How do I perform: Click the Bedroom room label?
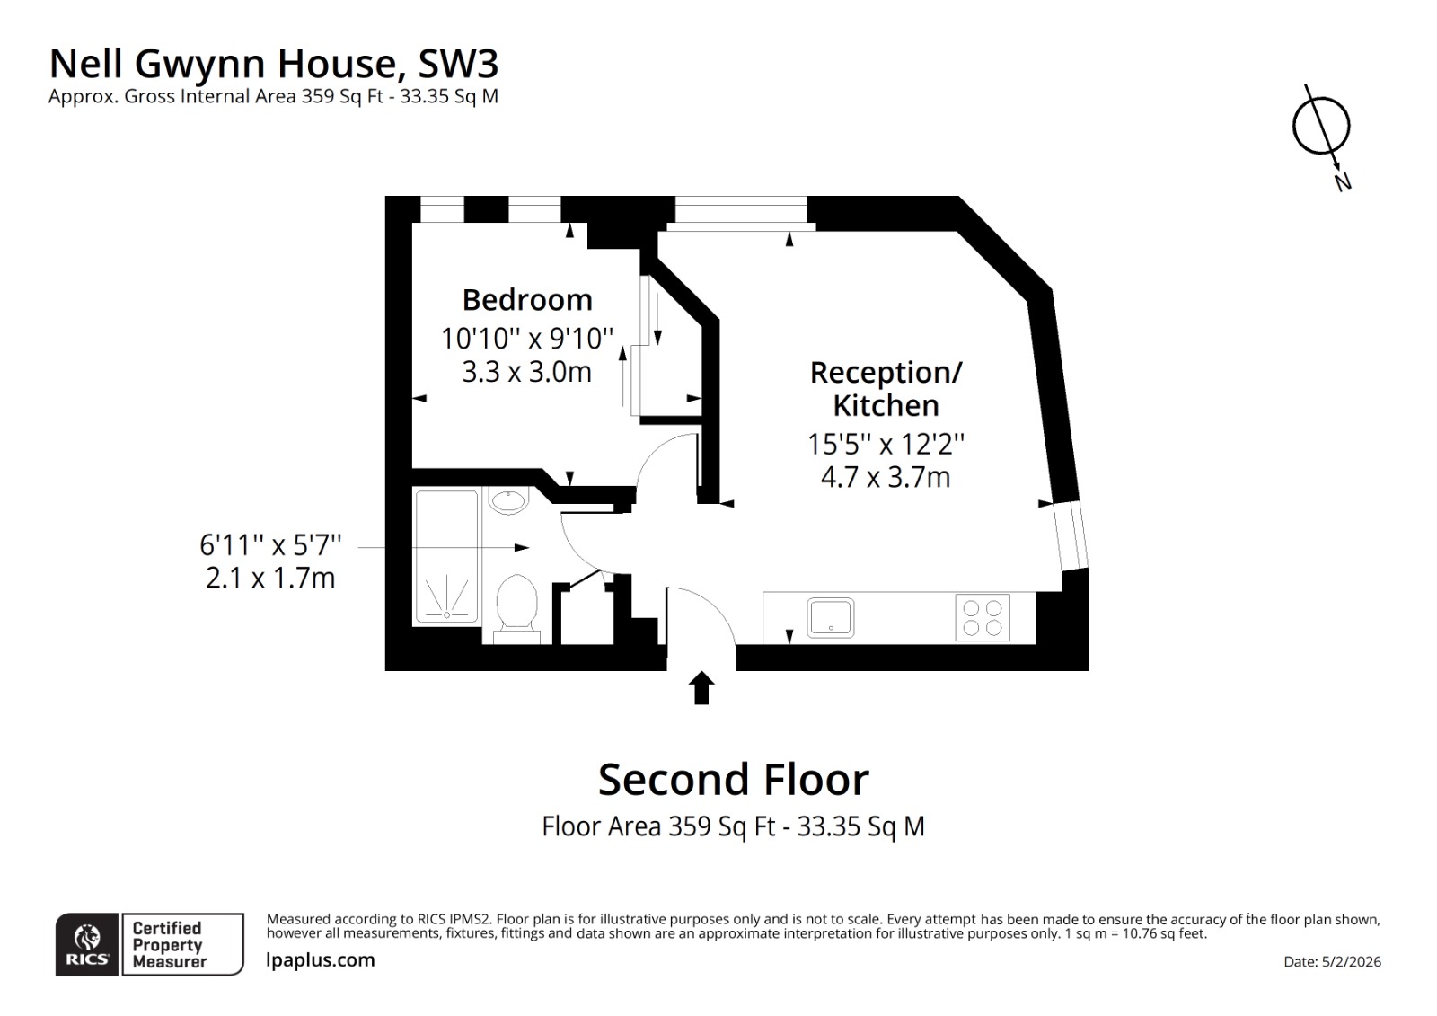click(527, 299)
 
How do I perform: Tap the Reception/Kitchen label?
click(886, 388)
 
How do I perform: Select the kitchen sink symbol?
click(831, 618)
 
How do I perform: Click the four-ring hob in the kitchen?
click(982, 617)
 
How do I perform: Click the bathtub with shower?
click(446, 556)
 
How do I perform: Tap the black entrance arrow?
click(701, 688)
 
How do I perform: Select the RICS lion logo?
click(87, 944)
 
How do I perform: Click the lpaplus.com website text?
click(321, 959)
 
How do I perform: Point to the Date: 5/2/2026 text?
click(1332, 961)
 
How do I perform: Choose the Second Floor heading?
click(733, 779)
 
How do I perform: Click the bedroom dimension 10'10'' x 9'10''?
click(527, 339)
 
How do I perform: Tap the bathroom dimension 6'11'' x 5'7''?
click(270, 544)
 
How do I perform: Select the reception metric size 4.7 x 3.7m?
click(886, 477)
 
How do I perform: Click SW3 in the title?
click(458, 64)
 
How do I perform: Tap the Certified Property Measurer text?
click(169, 944)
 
